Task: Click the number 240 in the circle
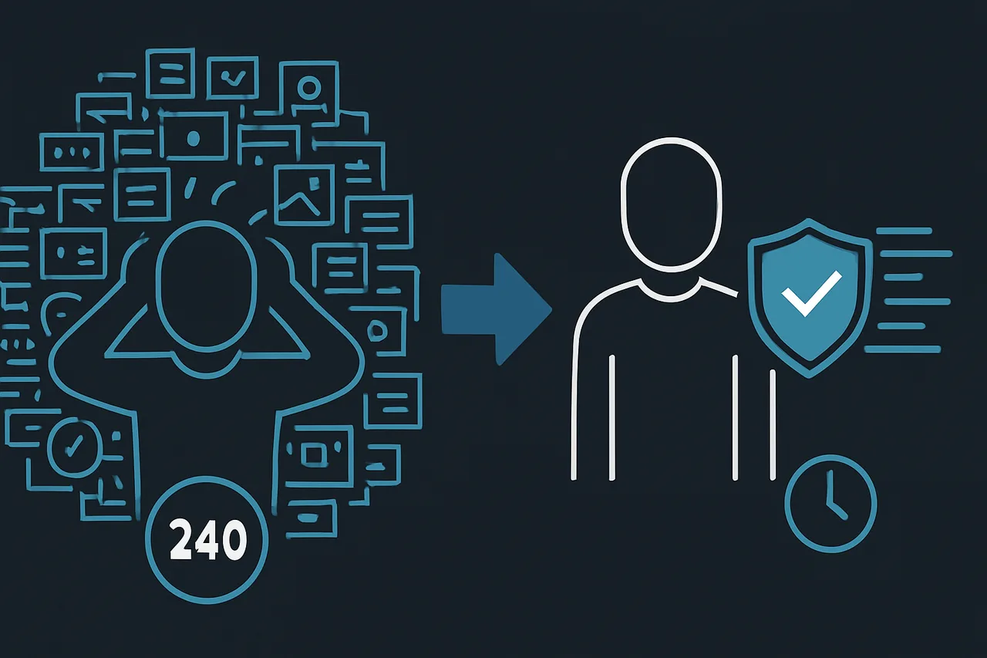click(207, 539)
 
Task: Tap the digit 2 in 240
click(181, 540)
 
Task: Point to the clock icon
click(830, 504)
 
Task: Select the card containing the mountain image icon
click(303, 194)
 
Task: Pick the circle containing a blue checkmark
click(74, 445)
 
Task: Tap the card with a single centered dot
click(193, 138)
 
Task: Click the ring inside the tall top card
click(308, 86)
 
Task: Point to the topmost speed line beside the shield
click(904, 231)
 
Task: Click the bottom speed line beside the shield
click(901, 349)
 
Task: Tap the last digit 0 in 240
click(233, 540)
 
